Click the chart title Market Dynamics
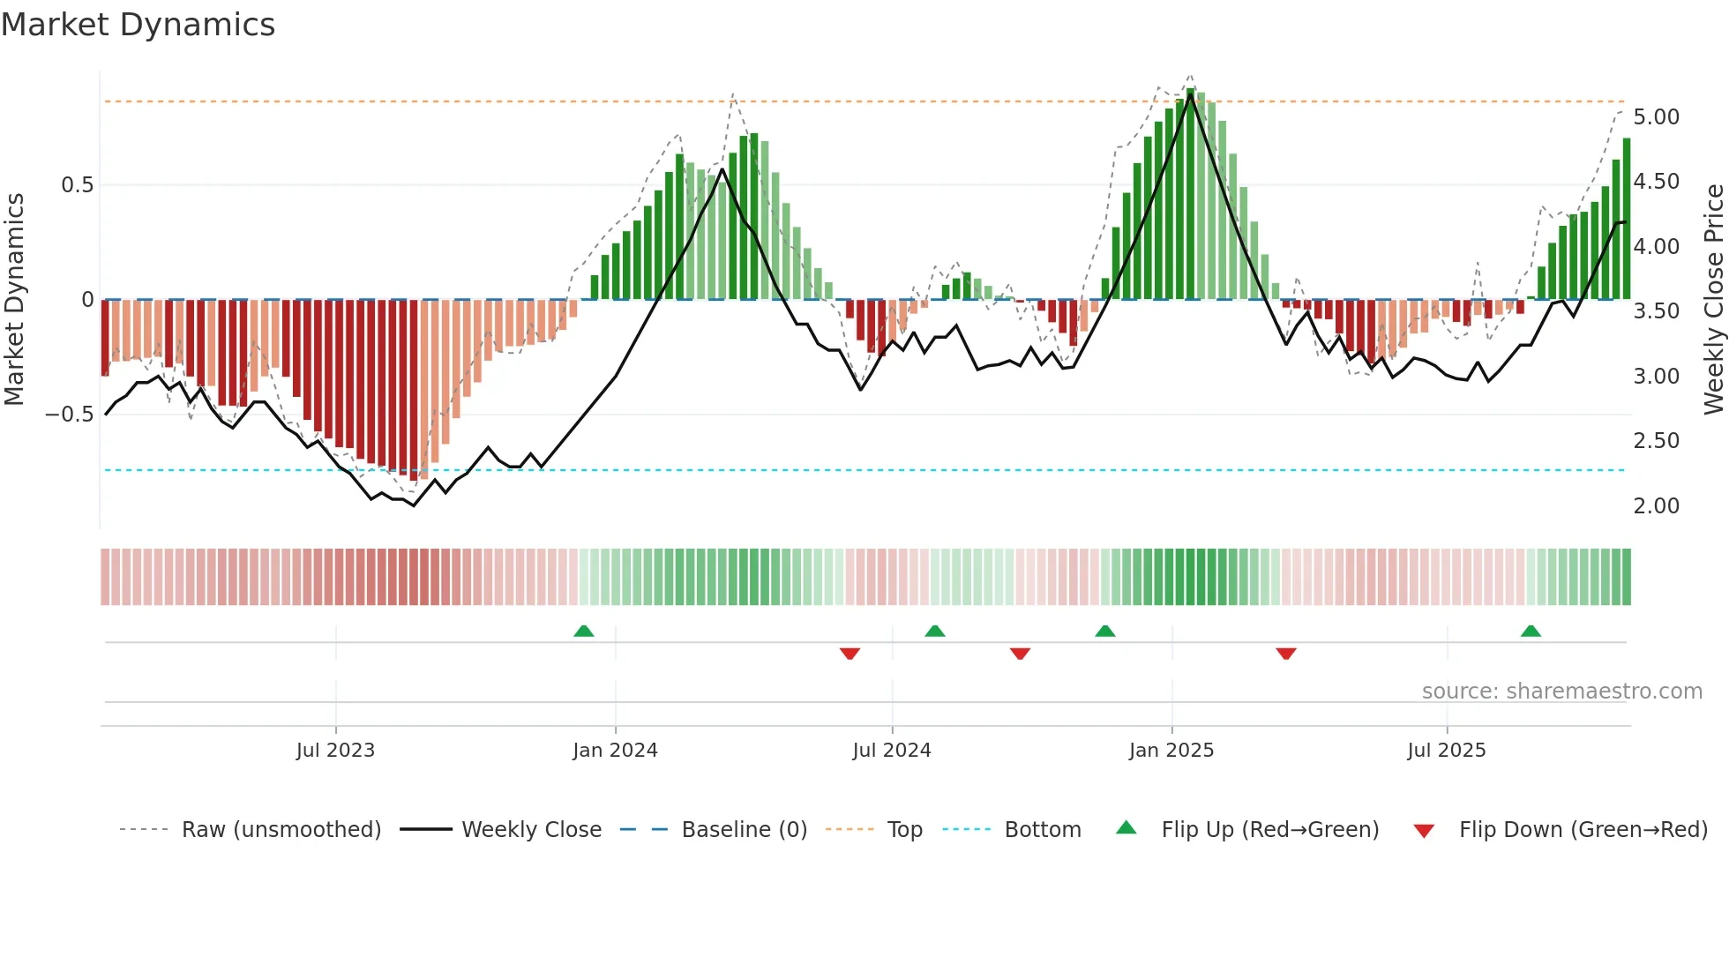point(138,25)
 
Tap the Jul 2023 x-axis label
point(335,751)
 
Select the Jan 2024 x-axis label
point(615,751)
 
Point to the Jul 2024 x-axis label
point(891,751)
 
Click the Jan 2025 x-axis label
point(1171,751)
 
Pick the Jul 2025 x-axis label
point(1446,751)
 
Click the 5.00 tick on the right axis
point(1656,117)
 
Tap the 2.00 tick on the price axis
point(1656,506)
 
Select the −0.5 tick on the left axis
point(69,415)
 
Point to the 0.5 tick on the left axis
point(77,185)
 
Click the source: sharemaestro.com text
point(1561,692)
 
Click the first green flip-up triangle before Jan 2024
point(583,631)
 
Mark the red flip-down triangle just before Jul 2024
point(850,654)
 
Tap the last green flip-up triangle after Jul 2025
point(1531,631)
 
